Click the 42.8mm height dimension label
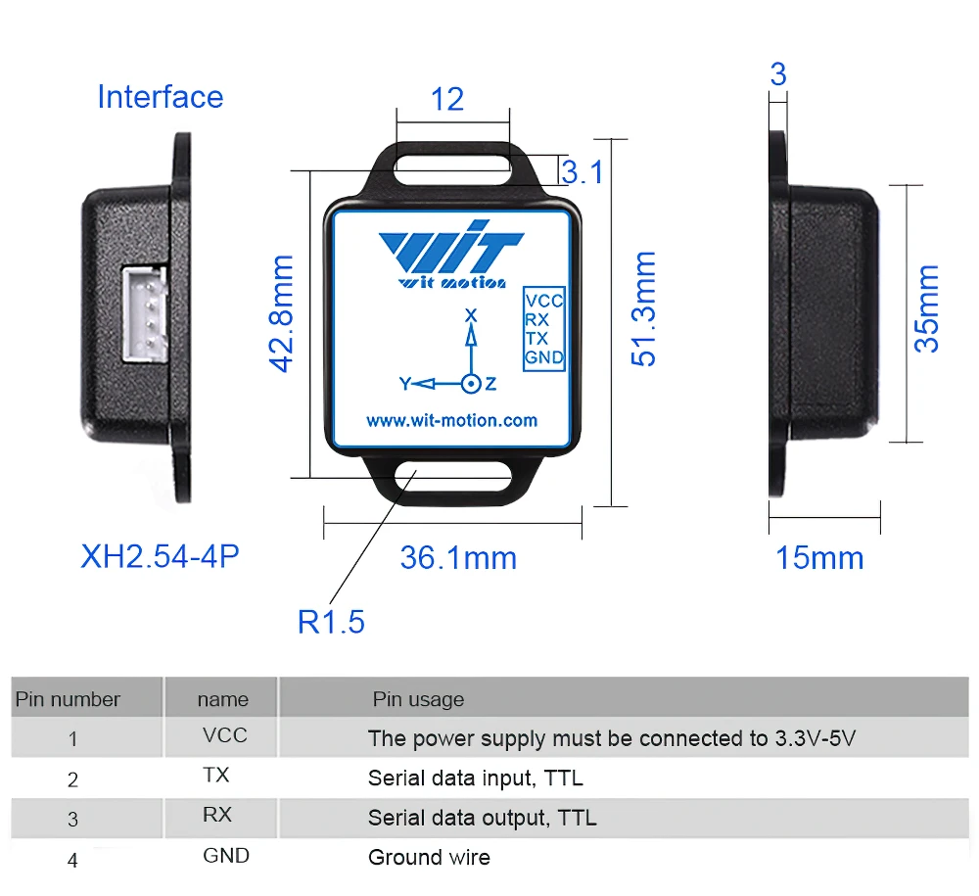282,313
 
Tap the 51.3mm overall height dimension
643,309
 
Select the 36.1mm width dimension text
458,558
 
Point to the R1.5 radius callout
331,621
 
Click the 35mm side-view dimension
926,308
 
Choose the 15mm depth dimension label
819,558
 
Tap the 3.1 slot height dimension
583,172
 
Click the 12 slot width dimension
447,99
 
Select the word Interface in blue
160,97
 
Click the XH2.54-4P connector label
160,556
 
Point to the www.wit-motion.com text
451,420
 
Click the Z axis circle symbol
471,384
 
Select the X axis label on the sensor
470,315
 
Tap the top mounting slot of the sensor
452,161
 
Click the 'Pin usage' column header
418,699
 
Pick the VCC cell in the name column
224,735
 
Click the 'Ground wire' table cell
429,858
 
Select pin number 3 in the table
72,820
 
